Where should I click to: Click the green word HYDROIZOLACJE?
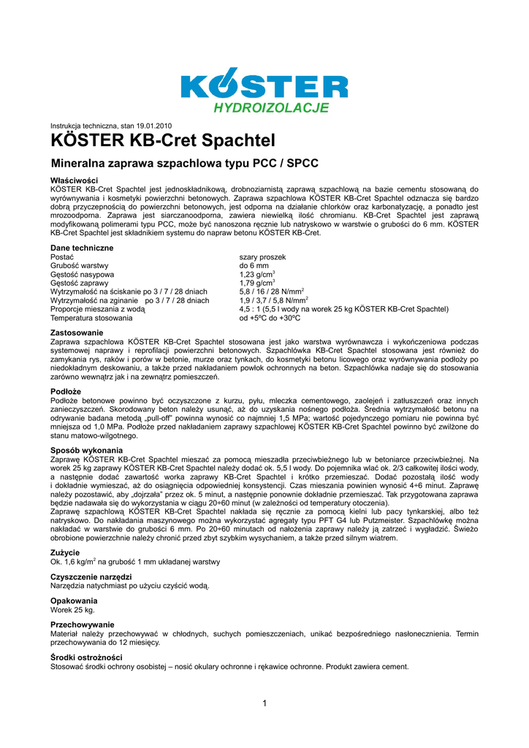pyautogui.click(x=270, y=109)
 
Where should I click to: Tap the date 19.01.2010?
pyautogui.click(x=152, y=126)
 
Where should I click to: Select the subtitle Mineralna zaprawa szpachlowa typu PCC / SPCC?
pyautogui.click(x=184, y=163)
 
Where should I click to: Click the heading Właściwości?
pyautogui.click(x=74, y=180)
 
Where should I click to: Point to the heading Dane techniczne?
pyautogui.click(x=82, y=248)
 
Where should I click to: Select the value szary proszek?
pyautogui.click(x=262, y=258)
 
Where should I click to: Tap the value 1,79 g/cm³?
pyautogui.click(x=256, y=283)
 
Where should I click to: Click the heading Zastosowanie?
pyautogui.click(x=76, y=333)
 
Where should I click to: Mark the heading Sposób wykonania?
pyautogui.click(x=86, y=450)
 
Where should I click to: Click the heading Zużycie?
pyautogui.click(x=65, y=553)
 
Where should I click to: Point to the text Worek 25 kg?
pyautogui.click(x=72, y=609)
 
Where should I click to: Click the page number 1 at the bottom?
pyautogui.click(x=264, y=703)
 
